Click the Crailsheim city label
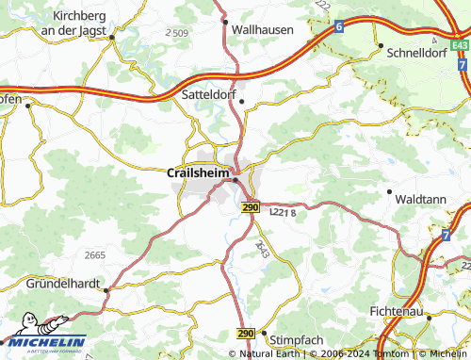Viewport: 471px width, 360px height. tap(197, 172)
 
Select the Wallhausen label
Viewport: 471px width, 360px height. tap(262, 30)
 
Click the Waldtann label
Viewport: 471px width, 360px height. tap(421, 200)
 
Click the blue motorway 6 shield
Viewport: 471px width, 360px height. tap(337, 29)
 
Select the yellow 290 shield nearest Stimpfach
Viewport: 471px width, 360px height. tap(246, 334)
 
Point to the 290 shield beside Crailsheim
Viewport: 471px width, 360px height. tap(249, 207)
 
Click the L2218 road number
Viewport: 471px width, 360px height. tap(282, 215)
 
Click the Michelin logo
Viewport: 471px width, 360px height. tap(43, 342)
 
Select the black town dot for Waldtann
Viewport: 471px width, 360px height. tap(389, 191)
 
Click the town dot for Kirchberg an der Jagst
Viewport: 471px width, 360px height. tap(111, 37)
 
